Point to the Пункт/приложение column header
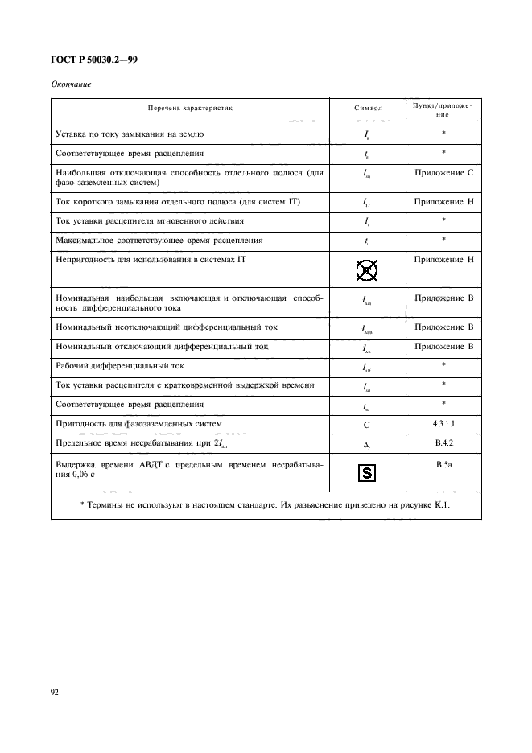click(443, 109)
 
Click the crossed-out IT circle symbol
click(367, 272)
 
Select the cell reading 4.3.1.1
click(443, 422)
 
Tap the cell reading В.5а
click(443, 463)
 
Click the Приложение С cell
click(443, 172)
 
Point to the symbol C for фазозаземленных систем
click(367, 422)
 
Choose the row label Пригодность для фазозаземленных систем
click(138, 422)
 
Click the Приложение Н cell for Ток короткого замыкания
click(443, 200)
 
